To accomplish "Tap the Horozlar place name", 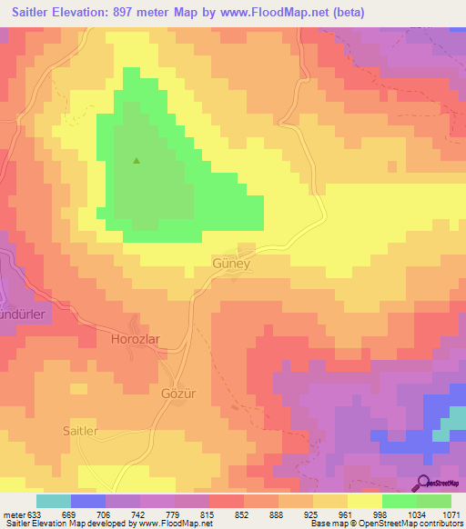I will [135, 338].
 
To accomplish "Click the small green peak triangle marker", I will [137, 162].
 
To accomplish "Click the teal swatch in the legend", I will [54, 501].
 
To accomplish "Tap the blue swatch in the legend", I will [88, 501].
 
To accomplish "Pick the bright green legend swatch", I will [400, 501].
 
